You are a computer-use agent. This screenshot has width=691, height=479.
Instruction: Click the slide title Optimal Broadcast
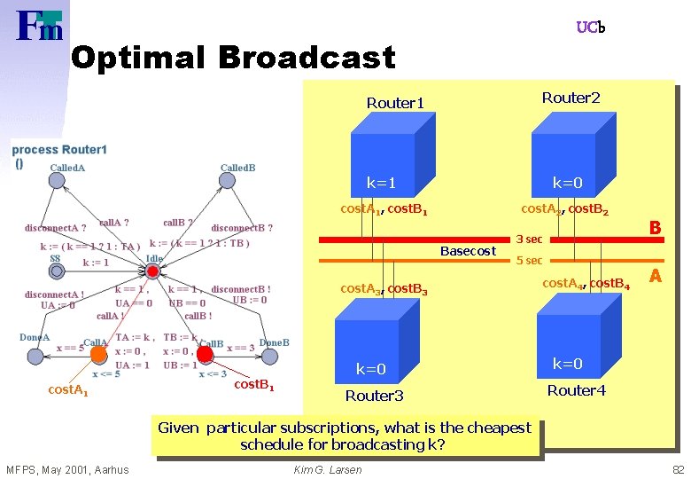coord(232,58)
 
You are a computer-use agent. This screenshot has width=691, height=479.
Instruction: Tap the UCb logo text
coord(590,27)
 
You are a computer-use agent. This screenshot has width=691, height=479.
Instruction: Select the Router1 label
coord(395,103)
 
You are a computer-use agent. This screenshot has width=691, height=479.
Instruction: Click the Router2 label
coord(571,97)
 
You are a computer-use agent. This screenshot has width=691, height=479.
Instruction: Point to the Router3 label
coord(374,395)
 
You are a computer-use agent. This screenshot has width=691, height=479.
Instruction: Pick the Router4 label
coord(576,389)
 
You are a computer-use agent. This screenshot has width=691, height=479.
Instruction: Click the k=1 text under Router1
coord(382,183)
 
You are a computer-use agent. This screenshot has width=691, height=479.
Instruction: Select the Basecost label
coord(468,251)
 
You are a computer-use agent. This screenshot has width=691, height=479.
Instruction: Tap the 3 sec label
coord(529,239)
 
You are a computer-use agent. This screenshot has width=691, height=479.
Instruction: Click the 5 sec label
coord(529,261)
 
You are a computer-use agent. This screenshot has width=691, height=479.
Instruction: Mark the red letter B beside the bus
coord(655,228)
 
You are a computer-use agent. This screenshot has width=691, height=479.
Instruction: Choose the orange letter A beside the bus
coord(655,277)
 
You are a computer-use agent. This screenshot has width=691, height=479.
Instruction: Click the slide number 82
coord(677,469)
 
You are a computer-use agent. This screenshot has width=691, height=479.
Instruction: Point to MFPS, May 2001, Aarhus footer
coord(67,469)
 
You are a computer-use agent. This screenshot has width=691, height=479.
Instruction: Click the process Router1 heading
coord(59,150)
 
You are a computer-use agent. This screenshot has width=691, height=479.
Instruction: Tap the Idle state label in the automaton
coord(154,259)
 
